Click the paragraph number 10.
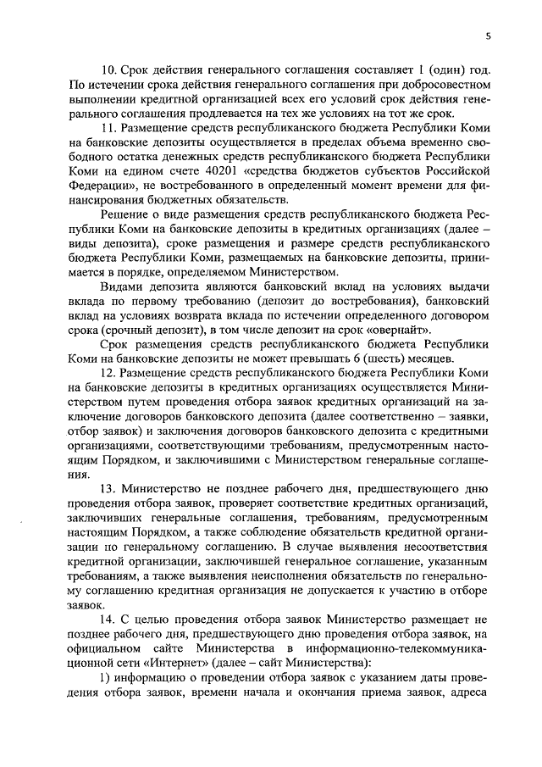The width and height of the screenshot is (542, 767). click(109, 68)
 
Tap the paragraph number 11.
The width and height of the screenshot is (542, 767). click(108, 127)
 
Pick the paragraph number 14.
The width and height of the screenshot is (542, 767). click(109, 623)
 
